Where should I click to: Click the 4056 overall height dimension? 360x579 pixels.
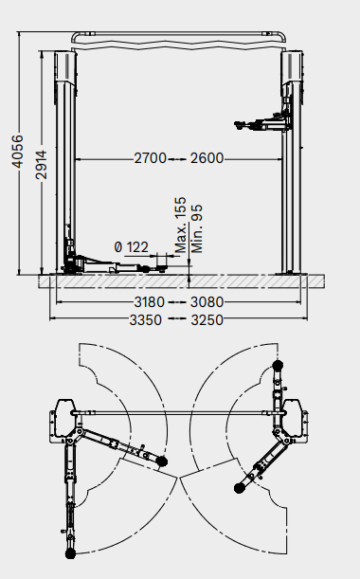[17, 152]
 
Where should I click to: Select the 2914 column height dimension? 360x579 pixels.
[42, 165]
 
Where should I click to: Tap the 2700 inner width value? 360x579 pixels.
[151, 158]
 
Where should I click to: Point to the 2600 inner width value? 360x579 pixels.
[207, 158]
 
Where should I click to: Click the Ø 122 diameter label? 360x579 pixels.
[132, 247]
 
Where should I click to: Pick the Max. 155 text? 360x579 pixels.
[181, 225]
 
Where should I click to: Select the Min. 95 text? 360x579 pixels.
[197, 229]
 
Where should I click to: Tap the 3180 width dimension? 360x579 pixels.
[149, 302]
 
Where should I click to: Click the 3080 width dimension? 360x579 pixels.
[207, 302]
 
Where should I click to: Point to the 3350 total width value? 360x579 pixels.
[146, 319]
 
